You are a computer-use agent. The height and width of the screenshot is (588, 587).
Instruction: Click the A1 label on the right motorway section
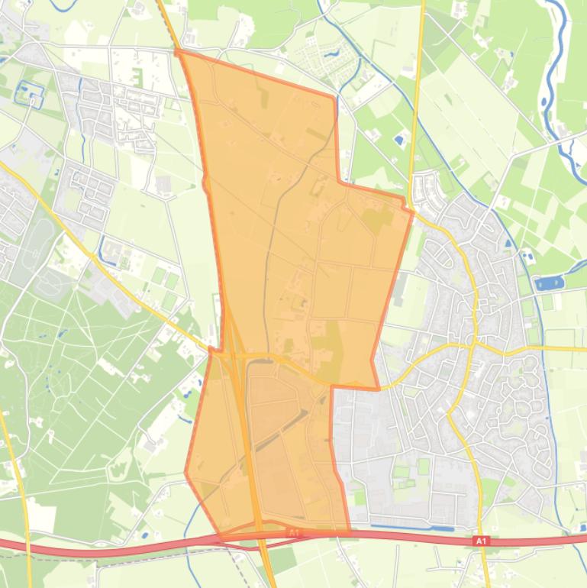click(x=481, y=541)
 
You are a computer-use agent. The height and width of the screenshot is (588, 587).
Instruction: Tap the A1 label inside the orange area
click(x=294, y=532)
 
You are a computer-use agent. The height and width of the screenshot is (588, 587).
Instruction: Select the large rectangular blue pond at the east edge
click(x=550, y=283)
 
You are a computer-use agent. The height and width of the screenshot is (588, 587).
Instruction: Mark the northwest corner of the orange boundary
click(x=178, y=52)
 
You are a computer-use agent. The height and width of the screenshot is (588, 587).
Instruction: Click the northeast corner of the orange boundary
click(x=334, y=96)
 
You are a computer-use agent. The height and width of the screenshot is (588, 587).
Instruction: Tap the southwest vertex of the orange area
click(x=186, y=473)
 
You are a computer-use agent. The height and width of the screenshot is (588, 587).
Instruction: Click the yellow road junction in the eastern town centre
click(x=473, y=344)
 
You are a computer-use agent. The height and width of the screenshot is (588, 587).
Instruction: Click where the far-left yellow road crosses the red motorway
click(x=28, y=544)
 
